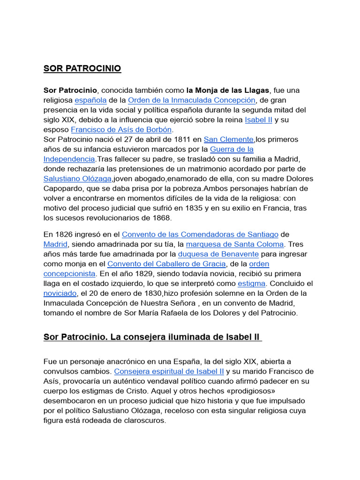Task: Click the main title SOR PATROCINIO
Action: click(x=82, y=68)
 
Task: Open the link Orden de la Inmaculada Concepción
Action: click(x=192, y=100)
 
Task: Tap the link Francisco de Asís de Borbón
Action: click(x=121, y=129)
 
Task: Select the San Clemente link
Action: click(x=228, y=139)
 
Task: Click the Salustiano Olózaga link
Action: click(x=77, y=179)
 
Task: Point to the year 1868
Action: click(x=162, y=218)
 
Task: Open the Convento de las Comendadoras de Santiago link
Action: click(x=200, y=234)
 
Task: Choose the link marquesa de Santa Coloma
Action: click(x=235, y=244)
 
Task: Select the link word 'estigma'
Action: click(x=252, y=283)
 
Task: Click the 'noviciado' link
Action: click(x=60, y=293)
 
